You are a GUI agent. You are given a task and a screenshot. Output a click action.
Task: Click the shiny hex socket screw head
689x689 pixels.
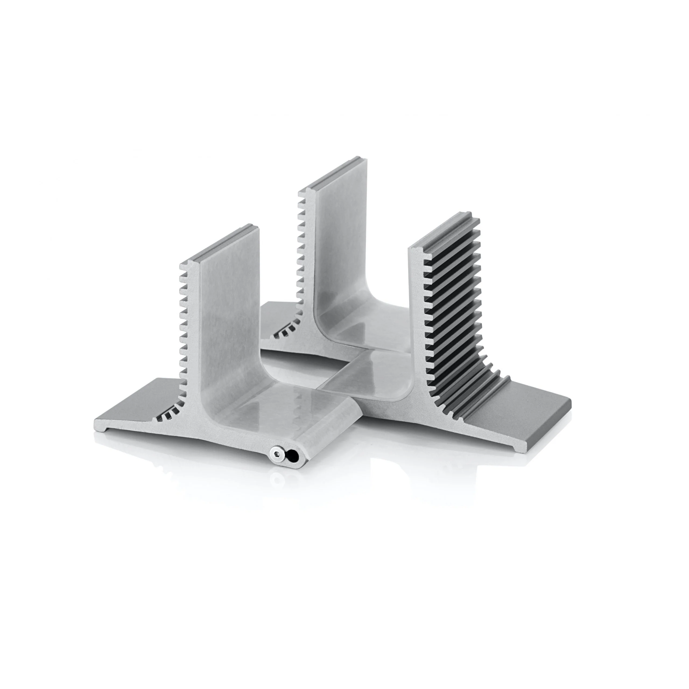(278, 453)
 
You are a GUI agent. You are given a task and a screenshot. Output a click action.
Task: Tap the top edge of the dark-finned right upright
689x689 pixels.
(446, 230)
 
